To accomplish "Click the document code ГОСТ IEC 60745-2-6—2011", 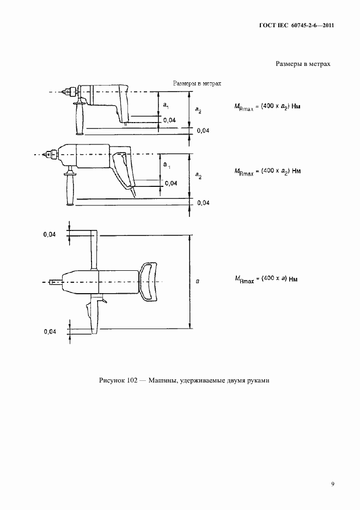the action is [x=297, y=26].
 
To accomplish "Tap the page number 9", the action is [x=333, y=484].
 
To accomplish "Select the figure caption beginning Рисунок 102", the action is [x=184, y=380].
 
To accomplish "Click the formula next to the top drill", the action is [x=267, y=107].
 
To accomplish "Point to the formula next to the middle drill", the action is [x=267, y=171].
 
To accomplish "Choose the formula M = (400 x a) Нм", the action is [x=266, y=280].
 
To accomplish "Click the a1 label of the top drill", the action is [x=166, y=105].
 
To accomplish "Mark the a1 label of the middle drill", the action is [x=167, y=165].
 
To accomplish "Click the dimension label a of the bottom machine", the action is [x=197, y=281].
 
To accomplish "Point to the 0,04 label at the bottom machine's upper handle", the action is [x=50, y=234].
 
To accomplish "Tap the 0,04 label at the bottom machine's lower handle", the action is [x=50, y=331].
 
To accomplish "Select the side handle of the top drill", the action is [x=80, y=118].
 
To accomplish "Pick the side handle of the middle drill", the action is [x=70, y=188].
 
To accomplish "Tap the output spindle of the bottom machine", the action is [x=56, y=282].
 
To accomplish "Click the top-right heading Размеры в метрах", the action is [x=303, y=64].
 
